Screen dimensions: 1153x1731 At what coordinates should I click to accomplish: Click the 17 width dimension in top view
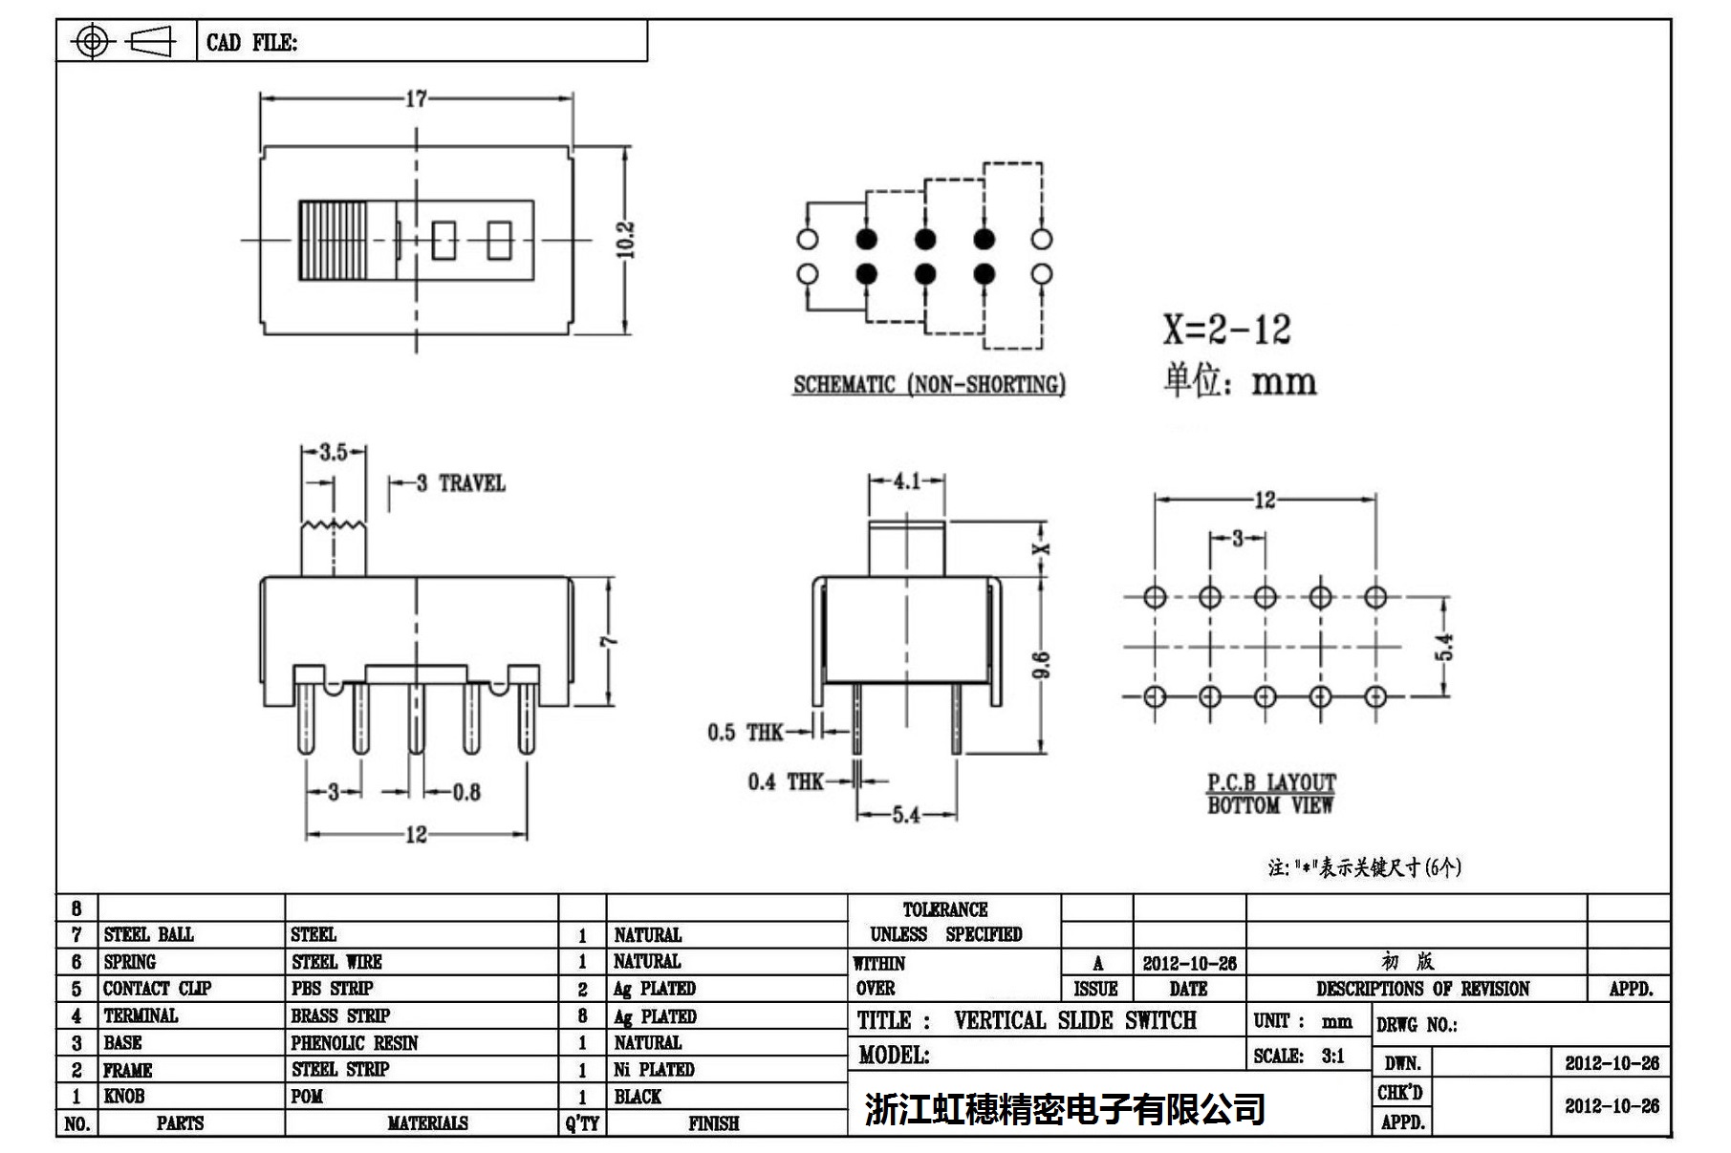416,98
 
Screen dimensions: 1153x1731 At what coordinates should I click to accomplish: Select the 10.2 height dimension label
626,240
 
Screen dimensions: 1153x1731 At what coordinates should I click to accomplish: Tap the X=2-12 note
1226,330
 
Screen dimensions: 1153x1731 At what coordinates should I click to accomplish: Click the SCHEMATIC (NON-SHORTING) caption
929,385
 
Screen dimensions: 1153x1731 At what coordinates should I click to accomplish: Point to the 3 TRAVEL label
461,483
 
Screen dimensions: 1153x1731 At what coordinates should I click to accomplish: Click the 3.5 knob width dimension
333,452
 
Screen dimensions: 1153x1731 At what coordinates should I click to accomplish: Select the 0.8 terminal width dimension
465,792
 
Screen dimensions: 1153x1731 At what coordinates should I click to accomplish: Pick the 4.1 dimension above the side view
906,480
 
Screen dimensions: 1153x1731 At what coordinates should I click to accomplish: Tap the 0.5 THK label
746,733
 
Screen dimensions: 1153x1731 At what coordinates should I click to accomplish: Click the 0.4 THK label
785,782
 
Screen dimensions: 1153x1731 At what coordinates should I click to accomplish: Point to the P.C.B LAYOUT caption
1270,783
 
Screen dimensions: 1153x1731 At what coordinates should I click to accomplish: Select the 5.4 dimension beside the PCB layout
1446,647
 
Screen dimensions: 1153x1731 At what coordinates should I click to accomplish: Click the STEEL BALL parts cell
148,934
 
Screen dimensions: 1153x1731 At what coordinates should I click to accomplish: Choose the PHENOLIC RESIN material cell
355,1043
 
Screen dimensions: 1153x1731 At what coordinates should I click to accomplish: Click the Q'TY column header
582,1123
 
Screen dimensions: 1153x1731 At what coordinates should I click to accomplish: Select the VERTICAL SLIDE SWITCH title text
1074,1020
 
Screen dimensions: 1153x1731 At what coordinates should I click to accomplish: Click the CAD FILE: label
251,43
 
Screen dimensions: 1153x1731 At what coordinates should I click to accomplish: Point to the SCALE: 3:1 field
1299,1056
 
